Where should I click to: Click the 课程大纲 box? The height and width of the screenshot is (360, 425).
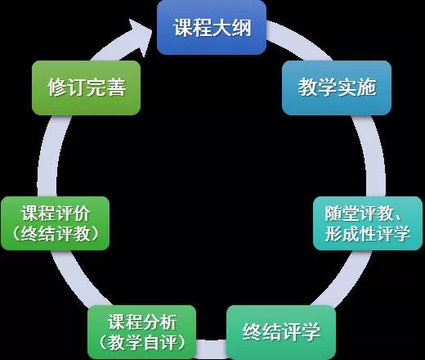tap(212, 27)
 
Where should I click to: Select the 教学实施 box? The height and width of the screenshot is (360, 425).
tap(337, 88)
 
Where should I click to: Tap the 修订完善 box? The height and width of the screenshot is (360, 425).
tap(86, 88)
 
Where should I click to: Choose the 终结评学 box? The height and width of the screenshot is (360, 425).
tap(281, 332)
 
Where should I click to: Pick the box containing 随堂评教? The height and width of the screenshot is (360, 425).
tap(368, 223)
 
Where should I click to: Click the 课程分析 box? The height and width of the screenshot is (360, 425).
tap(142, 332)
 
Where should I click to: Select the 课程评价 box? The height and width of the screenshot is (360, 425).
tap(56, 223)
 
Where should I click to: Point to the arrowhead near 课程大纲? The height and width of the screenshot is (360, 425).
tap(141, 35)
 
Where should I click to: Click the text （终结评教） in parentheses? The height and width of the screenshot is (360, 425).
tap(56, 234)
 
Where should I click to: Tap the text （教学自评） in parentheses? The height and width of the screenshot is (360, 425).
tap(142, 343)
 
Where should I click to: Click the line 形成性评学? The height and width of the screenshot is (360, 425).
tap(367, 234)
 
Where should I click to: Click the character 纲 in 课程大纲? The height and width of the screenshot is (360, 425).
tap(241, 28)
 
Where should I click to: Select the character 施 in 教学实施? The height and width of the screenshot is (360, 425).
tap(367, 88)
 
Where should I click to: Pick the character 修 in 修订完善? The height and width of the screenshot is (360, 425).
tap(57, 88)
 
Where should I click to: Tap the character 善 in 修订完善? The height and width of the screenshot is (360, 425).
tap(116, 88)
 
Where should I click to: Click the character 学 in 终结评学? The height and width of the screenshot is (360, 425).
tap(311, 332)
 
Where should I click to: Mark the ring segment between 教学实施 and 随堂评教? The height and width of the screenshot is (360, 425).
tap(374, 155)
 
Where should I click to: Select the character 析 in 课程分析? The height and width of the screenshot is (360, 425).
tap(169, 322)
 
